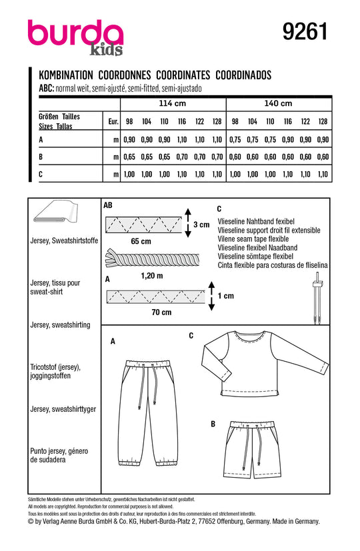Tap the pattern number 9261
point(305,31)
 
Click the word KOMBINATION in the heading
point(66,75)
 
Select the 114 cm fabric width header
point(172,103)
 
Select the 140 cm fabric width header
point(278,103)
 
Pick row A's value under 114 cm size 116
point(182,139)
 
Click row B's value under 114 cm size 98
point(129,157)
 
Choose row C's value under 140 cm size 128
point(323,174)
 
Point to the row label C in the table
point(41,174)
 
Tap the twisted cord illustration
point(152,259)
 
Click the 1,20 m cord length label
point(152,276)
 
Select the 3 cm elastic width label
point(201,225)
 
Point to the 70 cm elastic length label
point(161,312)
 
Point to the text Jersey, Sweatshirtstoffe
point(65,241)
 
